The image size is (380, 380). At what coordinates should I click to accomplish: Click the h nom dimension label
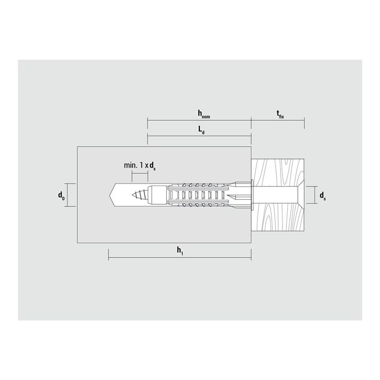click(204, 114)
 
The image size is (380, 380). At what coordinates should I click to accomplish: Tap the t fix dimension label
click(280, 114)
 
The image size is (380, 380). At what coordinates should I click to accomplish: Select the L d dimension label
click(201, 130)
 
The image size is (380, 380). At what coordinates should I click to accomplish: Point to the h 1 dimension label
click(180, 251)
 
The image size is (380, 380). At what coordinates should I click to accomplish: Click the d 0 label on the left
click(62, 195)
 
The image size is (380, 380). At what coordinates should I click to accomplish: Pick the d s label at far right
click(322, 195)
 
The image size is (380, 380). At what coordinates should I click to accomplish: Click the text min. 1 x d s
click(140, 166)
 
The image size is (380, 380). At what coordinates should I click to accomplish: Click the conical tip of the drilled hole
click(111, 195)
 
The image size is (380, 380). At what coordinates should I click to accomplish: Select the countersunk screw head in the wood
click(299, 195)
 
